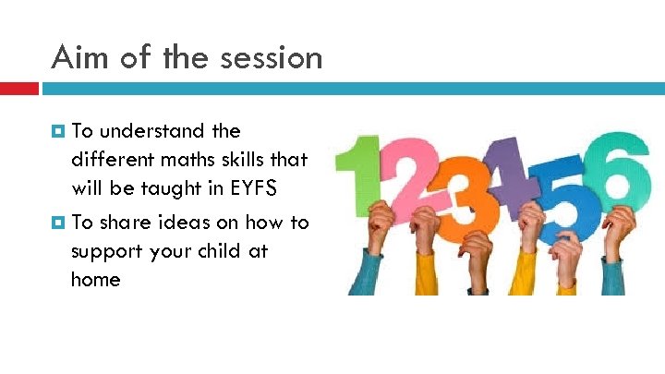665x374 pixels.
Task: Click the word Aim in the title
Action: pos(79,57)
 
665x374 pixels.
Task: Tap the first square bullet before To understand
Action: pos(57,131)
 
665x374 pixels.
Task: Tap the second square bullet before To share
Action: pos(57,222)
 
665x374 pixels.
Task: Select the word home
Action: pos(95,279)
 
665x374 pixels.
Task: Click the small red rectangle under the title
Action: pos(18,89)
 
